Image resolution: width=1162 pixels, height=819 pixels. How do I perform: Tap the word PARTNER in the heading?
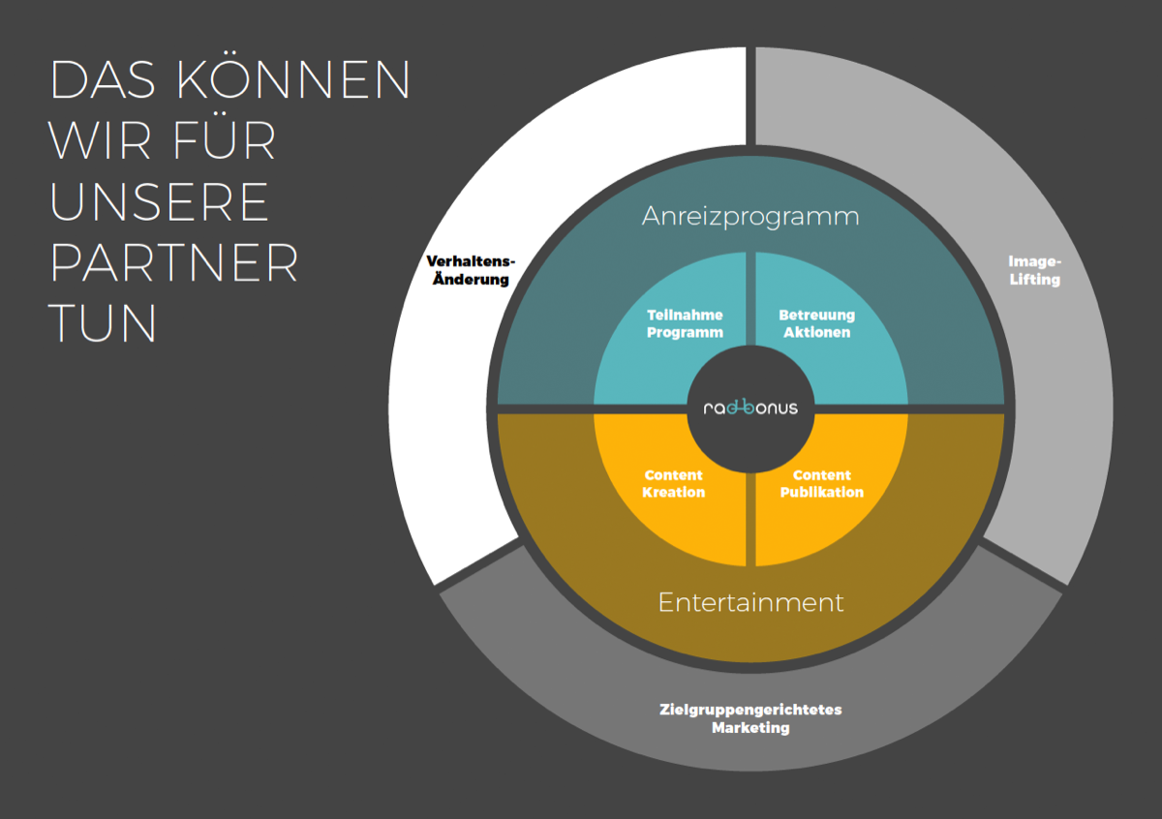173,263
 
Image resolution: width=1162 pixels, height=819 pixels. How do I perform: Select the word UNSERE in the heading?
159,201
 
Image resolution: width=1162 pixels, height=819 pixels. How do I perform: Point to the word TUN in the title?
103,322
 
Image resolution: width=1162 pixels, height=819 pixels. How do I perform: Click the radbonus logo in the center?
750,408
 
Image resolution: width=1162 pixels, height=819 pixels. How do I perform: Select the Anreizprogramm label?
750,217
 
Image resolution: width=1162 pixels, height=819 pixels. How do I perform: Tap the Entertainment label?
750,602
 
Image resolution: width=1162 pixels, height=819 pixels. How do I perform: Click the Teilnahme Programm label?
685,323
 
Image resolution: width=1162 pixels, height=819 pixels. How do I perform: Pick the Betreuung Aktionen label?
817,323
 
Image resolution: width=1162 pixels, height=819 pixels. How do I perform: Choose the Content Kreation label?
673,483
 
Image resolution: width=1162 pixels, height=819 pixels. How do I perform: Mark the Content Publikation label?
822,483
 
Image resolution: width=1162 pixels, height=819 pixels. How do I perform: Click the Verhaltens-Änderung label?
471,270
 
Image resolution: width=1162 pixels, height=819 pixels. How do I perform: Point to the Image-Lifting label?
1034,270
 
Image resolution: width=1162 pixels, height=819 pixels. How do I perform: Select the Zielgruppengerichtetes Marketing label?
750,718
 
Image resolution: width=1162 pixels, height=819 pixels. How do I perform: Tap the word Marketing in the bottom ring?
750,728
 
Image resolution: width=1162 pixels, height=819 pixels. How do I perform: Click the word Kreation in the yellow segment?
673,492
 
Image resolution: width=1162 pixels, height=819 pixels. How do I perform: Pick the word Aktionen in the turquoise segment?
817,332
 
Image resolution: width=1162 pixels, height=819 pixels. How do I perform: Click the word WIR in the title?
99,140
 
